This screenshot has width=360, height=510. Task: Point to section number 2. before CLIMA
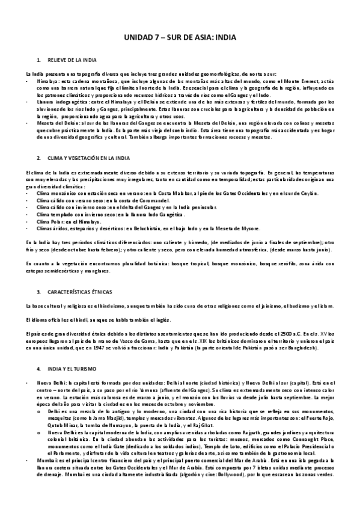pos(38,158)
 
